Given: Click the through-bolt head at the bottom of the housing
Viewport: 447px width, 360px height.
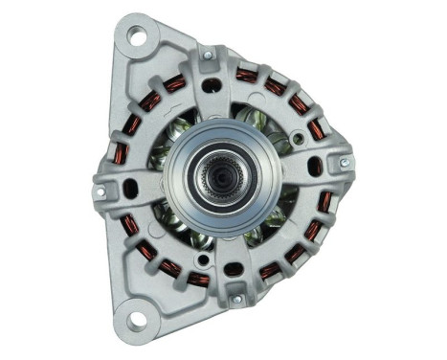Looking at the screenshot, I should [236, 300].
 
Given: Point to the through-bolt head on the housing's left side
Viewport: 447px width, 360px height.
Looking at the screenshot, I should [100, 191].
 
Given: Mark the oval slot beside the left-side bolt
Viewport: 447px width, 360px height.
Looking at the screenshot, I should [129, 189].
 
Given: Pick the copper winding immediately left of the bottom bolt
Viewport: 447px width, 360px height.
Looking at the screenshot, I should [198, 279].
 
